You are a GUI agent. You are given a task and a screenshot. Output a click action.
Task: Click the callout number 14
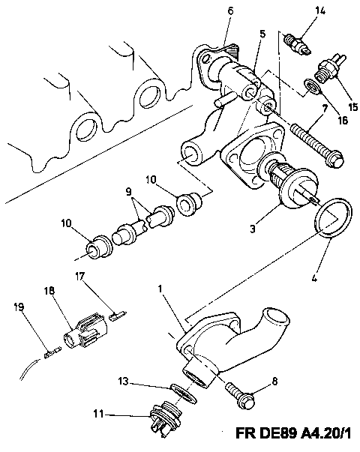(320, 10)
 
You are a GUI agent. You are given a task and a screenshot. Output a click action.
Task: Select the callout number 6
(230, 10)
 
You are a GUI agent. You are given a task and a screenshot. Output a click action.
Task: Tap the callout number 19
(19, 307)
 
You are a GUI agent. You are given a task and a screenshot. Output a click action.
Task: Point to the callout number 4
(314, 277)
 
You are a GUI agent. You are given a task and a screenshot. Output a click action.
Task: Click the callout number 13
(123, 381)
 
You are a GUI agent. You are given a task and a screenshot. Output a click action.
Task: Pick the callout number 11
(98, 415)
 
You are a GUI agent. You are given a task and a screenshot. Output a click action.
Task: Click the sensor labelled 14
(297, 45)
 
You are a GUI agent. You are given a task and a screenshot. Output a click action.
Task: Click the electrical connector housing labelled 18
(85, 334)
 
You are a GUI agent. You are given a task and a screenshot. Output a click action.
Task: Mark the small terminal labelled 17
(117, 315)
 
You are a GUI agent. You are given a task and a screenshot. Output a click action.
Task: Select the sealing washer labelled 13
(184, 393)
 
